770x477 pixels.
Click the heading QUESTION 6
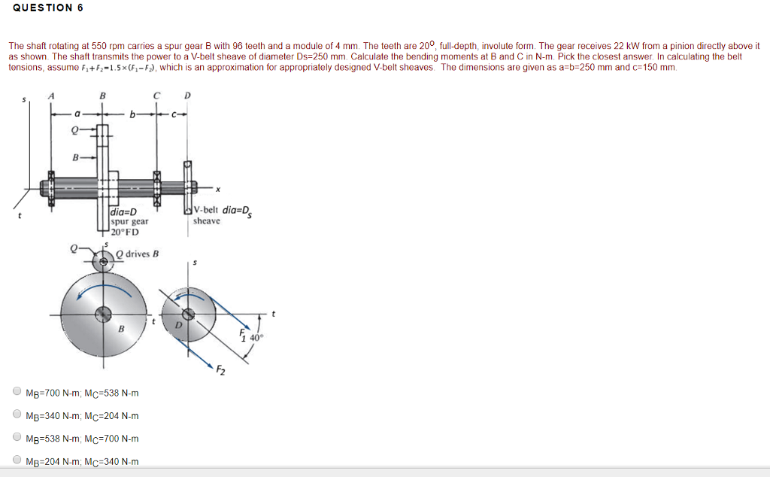click(x=47, y=8)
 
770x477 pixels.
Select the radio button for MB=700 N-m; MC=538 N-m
click(x=17, y=392)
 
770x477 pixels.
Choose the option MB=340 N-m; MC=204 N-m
click(x=17, y=415)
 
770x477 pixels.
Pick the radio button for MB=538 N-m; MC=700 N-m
click(x=17, y=437)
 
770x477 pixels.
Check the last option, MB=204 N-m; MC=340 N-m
click(x=17, y=460)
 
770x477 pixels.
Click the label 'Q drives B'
click(x=138, y=254)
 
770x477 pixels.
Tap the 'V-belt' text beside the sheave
click(x=205, y=211)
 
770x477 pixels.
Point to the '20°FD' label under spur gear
click(x=125, y=232)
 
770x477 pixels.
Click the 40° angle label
click(x=257, y=338)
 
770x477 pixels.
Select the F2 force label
click(x=220, y=370)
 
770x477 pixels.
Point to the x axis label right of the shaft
click(x=218, y=190)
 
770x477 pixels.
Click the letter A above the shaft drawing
click(x=52, y=96)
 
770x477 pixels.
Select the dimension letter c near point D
click(x=174, y=114)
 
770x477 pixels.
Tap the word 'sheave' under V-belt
click(x=207, y=221)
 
